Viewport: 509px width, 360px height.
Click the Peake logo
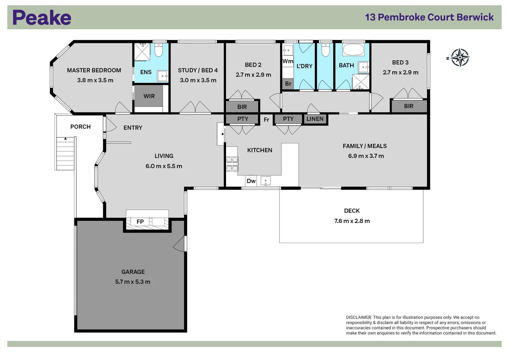coord(42,18)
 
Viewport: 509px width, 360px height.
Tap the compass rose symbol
coord(460,58)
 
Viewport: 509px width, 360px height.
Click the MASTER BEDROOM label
coord(94,70)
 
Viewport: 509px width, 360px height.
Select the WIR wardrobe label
coord(149,96)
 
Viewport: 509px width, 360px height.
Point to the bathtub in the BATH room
coord(353,50)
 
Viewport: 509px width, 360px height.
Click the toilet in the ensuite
coord(159,50)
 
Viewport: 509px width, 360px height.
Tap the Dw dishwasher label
coord(251,181)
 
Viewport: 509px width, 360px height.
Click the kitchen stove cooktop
coord(232,164)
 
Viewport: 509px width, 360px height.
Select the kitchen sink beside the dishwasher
coord(266,181)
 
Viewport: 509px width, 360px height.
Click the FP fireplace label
coord(140,222)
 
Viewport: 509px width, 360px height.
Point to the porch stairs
coord(65,154)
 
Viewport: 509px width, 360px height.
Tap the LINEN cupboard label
coord(315,119)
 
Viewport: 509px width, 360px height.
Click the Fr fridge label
coord(266,120)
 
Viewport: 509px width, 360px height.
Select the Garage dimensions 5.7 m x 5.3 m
coord(133,282)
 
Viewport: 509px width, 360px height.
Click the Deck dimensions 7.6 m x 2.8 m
coord(352,221)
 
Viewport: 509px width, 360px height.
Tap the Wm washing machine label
coord(288,61)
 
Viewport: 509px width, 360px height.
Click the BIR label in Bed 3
coord(409,106)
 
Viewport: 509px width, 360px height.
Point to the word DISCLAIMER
coord(359,317)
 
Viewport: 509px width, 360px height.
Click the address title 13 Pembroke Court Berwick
coord(429,17)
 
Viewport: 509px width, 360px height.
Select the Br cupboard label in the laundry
coord(288,84)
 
